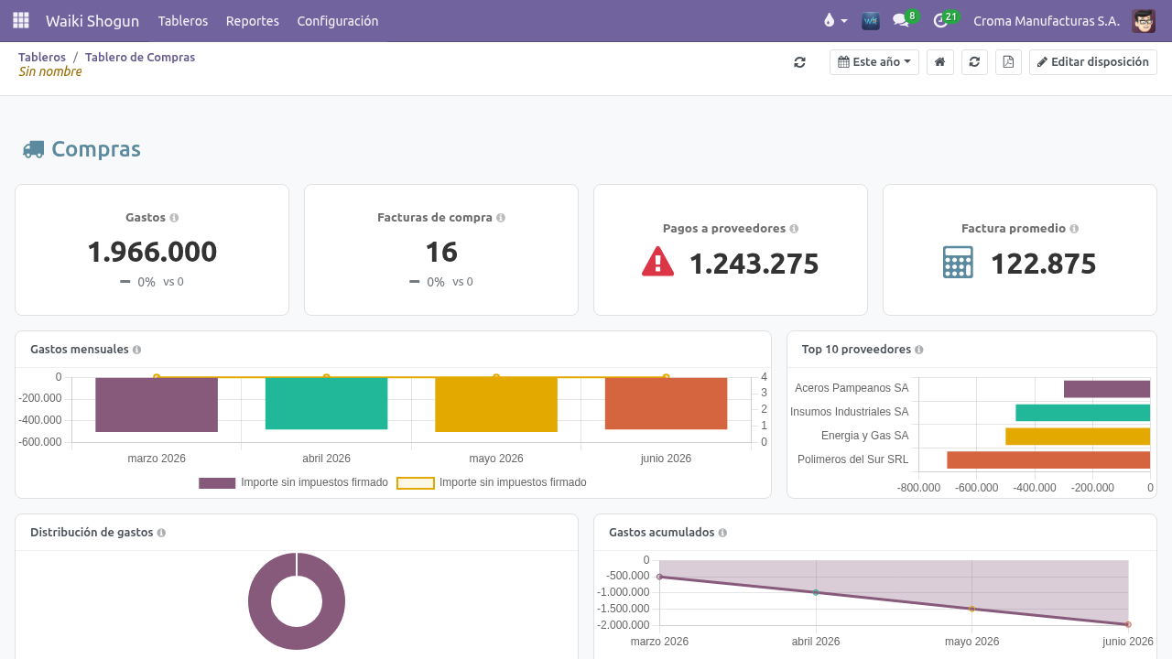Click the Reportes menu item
pos(252,21)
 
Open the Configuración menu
pos(338,21)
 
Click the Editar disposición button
pos(1093,62)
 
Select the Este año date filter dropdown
pos(874,62)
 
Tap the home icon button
pos(940,62)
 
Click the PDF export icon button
pos(1008,62)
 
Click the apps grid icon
pos(21,20)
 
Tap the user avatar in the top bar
pos(1144,21)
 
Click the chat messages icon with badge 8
pos(901,21)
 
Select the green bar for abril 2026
pos(327,404)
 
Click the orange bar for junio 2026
pos(666,404)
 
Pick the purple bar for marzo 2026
pos(157,405)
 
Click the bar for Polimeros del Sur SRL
pos(1048,459)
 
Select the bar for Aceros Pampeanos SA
pos(1107,389)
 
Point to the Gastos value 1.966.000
pos(152,252)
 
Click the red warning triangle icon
pos(657,261)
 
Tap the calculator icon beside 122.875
pos(958,262)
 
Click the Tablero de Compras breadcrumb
pos(140,57)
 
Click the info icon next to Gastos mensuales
pos(136,350)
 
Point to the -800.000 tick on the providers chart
pos(918,488)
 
